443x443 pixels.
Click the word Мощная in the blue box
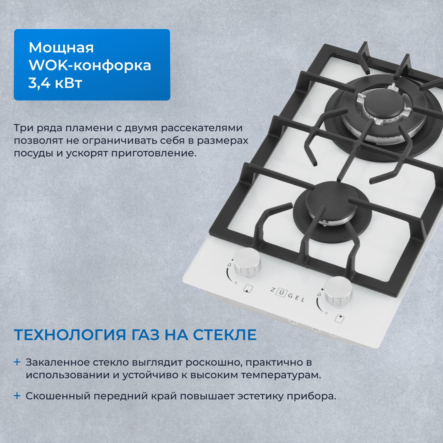pyautogui.click(x=61, y=48)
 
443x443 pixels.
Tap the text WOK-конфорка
pyautogui.click(x=90, y=65)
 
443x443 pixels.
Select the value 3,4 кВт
pyautogui.click(x=55, y=83)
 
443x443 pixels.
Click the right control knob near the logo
pyautogui.click(x=338, y=290)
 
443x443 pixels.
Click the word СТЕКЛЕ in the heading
pyautogui.click(x=225, y=335)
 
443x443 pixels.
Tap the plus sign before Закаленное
pyautogui.click(x=17, y=362)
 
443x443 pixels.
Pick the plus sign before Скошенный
pyautogui.click(x=17, y=396)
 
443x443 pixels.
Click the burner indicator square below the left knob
pyautogui.click(x=248, y=289)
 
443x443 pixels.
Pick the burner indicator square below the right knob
pyautogui.click(x=339, y=319)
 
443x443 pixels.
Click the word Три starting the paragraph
pyautogui.click(x=24, y=128)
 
